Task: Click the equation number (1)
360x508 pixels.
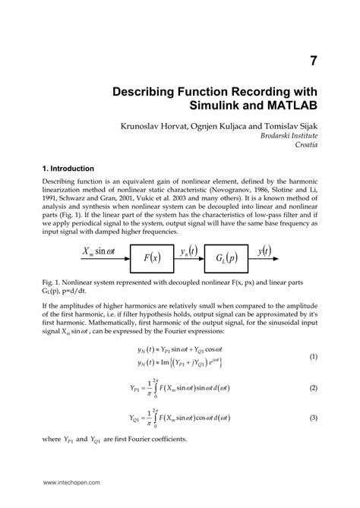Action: pos(312,356)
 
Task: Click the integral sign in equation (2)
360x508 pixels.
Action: pos(154,388)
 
